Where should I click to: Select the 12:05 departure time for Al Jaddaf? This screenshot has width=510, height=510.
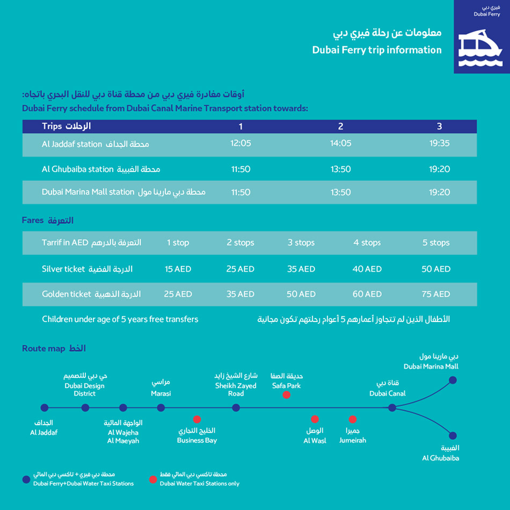(x=241, y=143)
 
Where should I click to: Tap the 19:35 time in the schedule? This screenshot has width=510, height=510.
(x=439, y=143)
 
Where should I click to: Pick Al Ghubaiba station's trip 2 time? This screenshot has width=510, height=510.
(x=340, y=169)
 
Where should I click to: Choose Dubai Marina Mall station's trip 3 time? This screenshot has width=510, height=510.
(x=439, y=192)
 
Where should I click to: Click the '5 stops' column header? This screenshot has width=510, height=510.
(x=436, y=243)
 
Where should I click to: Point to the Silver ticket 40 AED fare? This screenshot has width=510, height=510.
(x=367, y=269)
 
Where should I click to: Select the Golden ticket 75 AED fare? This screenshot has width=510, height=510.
(x=436, y=294)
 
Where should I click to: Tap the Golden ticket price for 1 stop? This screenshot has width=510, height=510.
(x=178, y=294)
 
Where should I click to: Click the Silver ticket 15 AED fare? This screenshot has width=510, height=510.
(x=178, y=269)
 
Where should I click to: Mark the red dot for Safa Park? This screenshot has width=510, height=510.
(x=287, y=395)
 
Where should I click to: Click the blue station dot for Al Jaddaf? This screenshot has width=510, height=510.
(x=45, y=408)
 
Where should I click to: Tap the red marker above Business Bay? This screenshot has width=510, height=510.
(x=197, y=419)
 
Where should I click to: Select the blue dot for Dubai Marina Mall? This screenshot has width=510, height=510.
(x=453, y=380)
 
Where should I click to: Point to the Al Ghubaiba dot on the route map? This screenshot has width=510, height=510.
(x=453, y=436)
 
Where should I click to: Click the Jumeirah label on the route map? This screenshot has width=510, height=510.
(x=353, y=440)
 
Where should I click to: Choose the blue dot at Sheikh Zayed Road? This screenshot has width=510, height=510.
(x=236, y=408)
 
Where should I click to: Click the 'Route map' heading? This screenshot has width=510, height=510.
(x=43, y=348)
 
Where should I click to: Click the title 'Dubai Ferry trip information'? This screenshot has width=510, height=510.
(x=377, y=50)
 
